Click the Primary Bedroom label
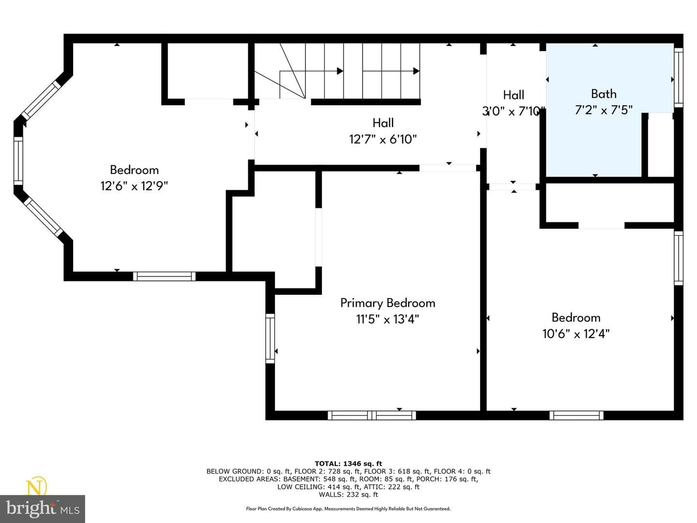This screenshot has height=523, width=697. click(x=387, y=303)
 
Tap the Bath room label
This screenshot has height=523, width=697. click(x=604, y=94)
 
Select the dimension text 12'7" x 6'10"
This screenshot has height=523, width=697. click(x=383, y=139)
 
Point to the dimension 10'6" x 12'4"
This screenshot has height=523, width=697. click(x=576, y=334)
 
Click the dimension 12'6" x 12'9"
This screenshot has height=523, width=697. click(x=134, y=186)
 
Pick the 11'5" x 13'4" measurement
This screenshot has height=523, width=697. click(x=387, y=319)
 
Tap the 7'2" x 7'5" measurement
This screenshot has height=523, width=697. click(x=604, y=110)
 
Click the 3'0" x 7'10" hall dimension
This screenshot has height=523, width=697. click(x=514, y=111)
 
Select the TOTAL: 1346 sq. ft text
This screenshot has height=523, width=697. click(x=348, y=463)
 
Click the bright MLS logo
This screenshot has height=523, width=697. click(x=43, y=508)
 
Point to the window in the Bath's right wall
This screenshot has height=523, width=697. click(x=678, y=77)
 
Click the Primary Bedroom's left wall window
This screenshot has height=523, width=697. click(x=270, y=338)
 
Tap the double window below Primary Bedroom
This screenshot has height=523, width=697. click(x=372, y=415)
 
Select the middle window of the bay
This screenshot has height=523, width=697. click(x=18, y=161)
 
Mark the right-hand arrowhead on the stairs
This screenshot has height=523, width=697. click(x=416, y=71)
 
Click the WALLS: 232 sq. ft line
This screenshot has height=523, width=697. click(x=348, y=494)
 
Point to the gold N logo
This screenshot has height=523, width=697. click(x=37, y=487)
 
